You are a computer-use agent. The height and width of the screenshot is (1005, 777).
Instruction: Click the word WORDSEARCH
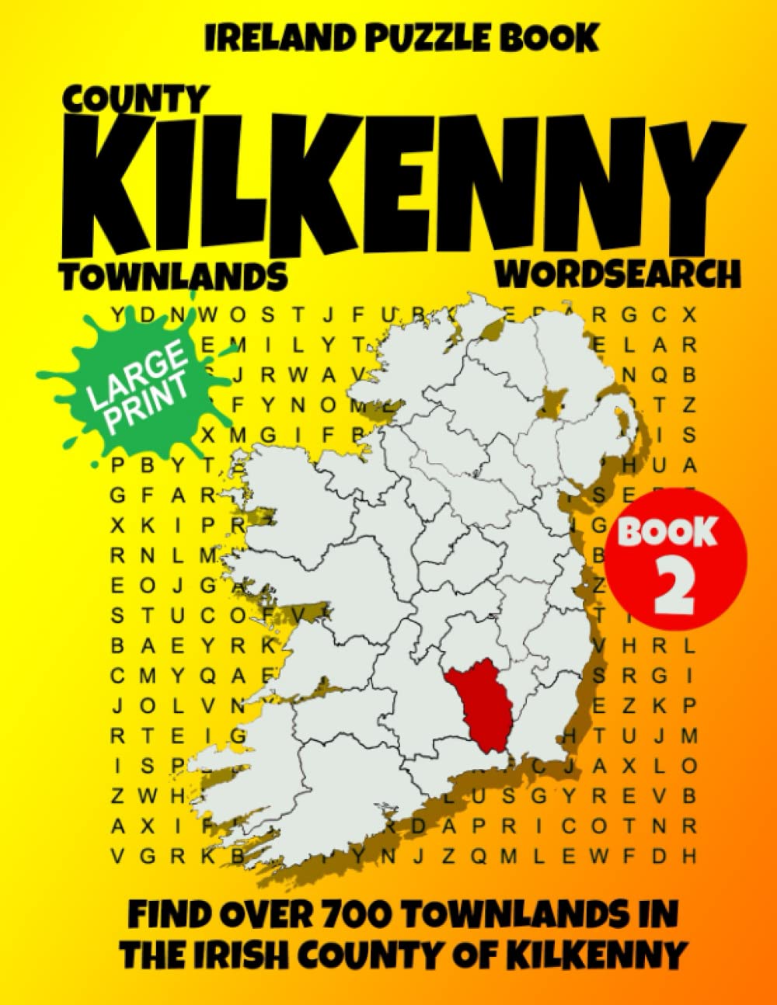[x=618, y=274]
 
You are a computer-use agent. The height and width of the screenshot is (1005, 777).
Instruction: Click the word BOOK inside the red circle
[x=666, y=533]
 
